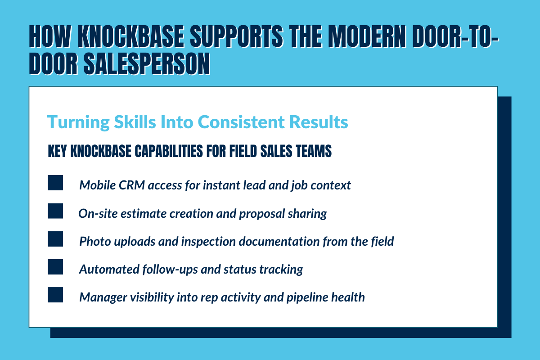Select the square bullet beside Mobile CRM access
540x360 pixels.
[x=55, y=184]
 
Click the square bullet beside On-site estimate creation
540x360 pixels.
[x=55, y=211]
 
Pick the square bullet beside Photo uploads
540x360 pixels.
[x=55, y=239]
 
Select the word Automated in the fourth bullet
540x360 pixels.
[x=103, y=269]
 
